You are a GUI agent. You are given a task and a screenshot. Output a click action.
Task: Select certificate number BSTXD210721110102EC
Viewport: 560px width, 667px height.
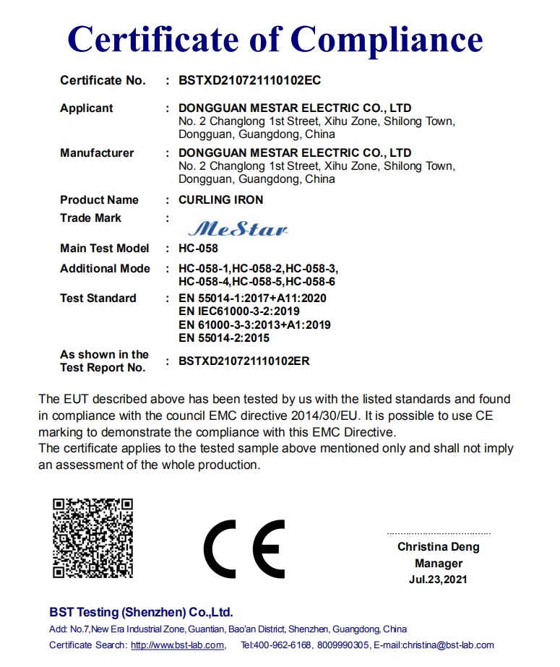pos(249,80)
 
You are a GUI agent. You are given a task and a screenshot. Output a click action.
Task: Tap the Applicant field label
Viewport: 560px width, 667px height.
pos(87,108)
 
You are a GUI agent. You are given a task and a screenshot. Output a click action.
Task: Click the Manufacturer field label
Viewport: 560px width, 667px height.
pos(97,153)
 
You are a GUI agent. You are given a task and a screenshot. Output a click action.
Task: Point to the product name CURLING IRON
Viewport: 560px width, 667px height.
pos(220,200)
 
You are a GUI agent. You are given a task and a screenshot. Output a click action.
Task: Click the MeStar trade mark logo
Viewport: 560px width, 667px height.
pos(238,229)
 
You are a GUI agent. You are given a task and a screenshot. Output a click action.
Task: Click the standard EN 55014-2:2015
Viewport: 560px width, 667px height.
pos(224,338)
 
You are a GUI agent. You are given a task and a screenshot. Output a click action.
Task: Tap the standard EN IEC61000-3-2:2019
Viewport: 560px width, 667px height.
pos(239,311)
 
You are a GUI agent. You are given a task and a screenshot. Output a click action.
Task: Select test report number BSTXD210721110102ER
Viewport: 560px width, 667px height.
pos(244,361)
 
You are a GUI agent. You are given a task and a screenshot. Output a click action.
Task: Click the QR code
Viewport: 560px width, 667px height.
pos(93,538)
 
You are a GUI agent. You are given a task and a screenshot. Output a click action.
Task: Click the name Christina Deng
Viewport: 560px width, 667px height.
pos(438,547)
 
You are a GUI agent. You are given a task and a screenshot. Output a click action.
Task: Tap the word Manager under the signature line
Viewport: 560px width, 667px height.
pos(439,564)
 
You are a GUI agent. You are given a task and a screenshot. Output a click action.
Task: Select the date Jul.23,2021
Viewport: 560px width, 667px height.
pos(438,580)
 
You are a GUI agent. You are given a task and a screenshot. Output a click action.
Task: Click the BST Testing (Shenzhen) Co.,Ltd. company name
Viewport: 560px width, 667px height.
pos(141,612)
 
